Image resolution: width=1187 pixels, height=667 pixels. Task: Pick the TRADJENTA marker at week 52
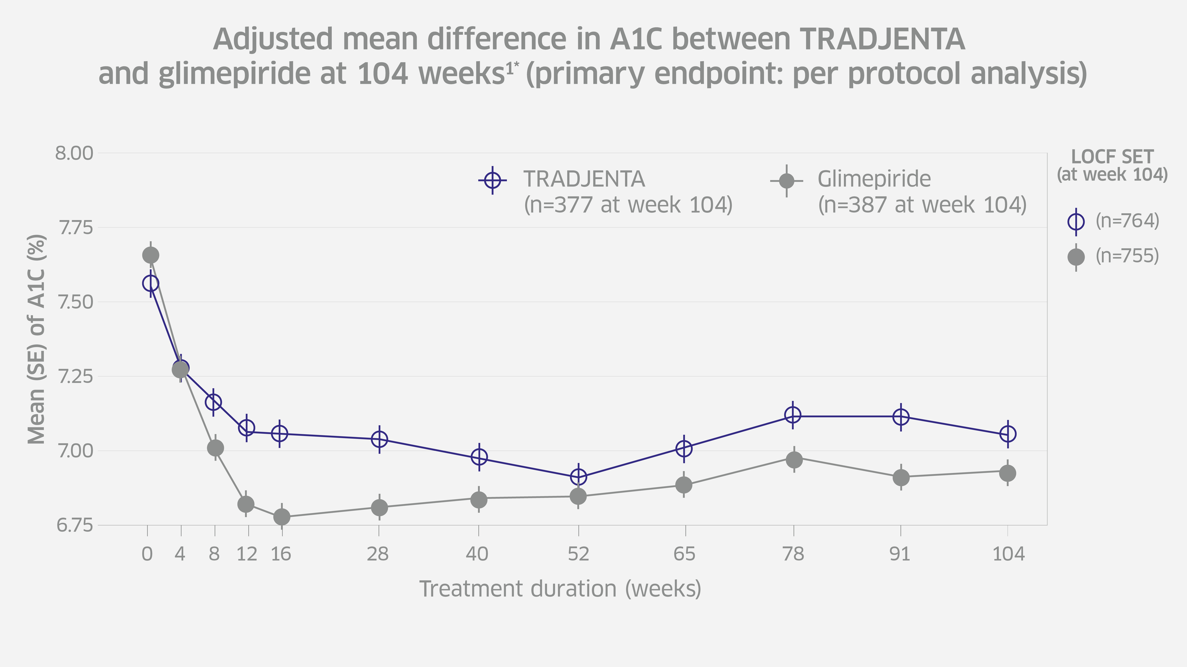(578, 477)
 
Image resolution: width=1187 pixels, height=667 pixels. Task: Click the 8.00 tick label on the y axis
(74, 153)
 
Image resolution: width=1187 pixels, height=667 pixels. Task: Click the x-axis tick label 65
(684, 554)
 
